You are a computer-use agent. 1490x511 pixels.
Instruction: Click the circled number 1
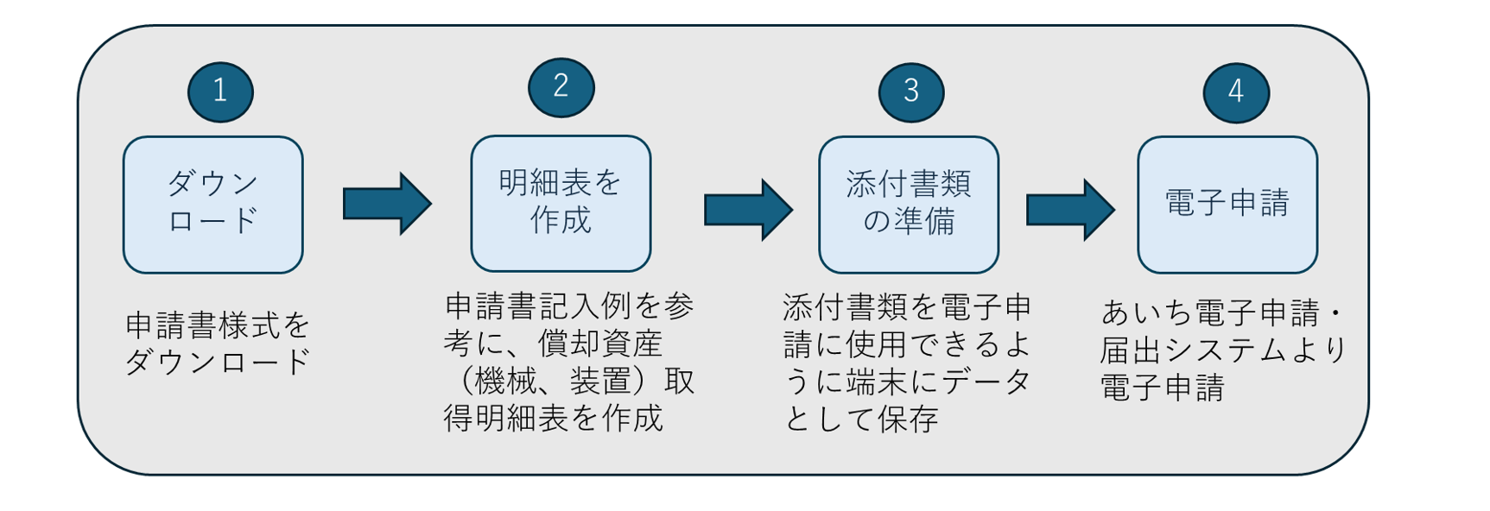pos(220,91)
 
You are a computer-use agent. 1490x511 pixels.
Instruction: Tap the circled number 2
pos(561,86)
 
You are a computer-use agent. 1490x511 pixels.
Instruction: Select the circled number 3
pos(910,91)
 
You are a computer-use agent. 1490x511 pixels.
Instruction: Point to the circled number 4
pos(1235,91)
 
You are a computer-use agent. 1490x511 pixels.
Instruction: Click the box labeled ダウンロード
pos(212,205)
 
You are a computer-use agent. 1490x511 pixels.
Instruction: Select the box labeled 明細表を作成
pos(561,203)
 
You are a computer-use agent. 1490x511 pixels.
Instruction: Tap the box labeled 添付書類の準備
pos(909,205)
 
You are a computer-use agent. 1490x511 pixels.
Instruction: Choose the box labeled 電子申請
pos(1227,205)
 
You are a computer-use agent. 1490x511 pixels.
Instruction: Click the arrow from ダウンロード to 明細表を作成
pos(386,204)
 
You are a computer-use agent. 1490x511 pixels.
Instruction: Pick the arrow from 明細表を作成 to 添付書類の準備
pos(748,209)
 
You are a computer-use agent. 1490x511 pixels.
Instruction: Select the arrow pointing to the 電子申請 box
pos(1070,209)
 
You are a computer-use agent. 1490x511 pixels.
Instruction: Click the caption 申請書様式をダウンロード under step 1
pos(218,343)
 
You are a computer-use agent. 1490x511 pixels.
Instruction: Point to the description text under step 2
pos(569,362)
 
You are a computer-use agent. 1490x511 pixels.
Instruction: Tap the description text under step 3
pos(907,363)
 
